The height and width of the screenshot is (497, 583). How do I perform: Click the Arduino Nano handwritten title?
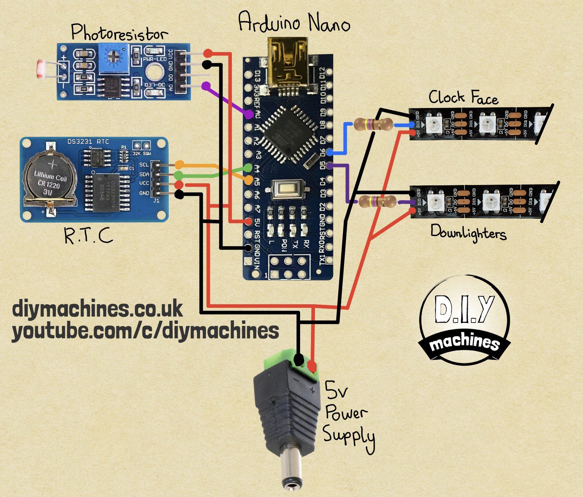(x=294, y=22)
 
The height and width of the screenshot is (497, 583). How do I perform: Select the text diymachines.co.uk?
(x=98, y=309)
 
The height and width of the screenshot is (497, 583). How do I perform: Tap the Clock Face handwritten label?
(x=463, y=97)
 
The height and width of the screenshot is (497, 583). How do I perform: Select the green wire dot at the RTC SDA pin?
(x=179, y=174)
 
